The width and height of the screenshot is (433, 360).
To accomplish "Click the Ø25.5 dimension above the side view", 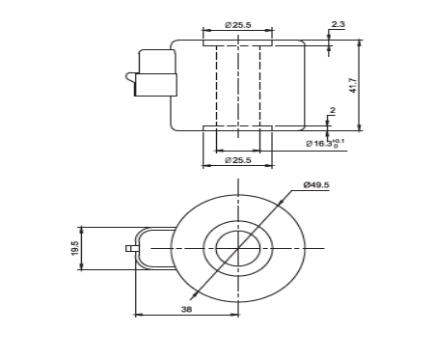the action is tap(238, 25).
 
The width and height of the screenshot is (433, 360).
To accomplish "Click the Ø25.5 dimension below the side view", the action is tap(238, 160).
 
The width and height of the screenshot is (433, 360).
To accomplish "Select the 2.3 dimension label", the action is tap(338, 24).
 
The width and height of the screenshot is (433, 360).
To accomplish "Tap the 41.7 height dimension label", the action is tap(353, 85).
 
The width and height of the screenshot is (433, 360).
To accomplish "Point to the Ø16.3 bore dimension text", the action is tap(325, 143).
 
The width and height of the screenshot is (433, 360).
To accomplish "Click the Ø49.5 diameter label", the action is tap(316, 185).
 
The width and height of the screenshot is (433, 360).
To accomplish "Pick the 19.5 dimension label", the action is tap(75, 248).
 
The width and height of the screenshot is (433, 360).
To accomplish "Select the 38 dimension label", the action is tap(186, 309).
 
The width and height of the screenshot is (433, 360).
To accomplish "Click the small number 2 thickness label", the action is tap(333, 110).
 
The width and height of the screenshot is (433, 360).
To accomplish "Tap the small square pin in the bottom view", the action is tap(129, 248).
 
